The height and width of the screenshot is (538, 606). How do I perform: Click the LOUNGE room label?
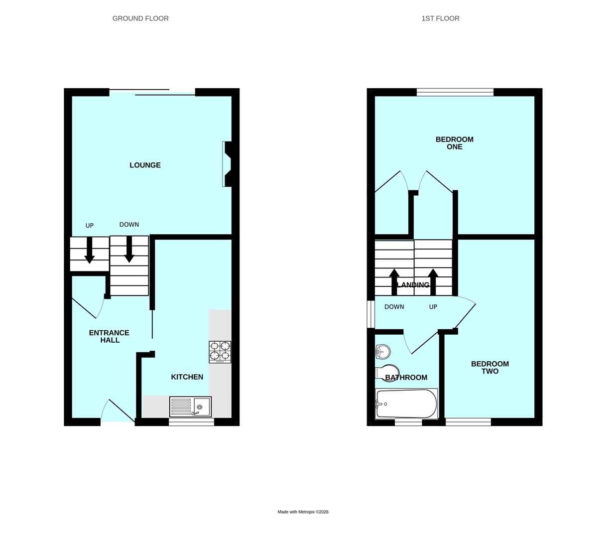[x=145, y=165]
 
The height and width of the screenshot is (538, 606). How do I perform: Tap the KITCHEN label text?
[x=187, y=377]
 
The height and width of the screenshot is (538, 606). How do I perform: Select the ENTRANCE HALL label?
[x=109, y=336]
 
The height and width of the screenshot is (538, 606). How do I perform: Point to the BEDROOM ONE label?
[x=454, y=143]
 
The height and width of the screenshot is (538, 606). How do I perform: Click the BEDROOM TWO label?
[x=489, y=368]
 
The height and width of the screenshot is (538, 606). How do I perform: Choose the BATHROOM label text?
[x=406, y=378]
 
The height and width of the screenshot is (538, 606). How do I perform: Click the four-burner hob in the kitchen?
[x=220, y=351]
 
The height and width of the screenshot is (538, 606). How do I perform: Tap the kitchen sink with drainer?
[x=190, y=406]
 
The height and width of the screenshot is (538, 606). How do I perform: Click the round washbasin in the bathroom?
[x=382, y=352]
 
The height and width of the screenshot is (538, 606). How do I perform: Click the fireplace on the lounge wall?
[x=227, y=164]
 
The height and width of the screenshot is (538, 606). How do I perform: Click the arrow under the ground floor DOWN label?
[x=129, y=250]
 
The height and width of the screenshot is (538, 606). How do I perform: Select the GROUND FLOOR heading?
[x=140, y=18]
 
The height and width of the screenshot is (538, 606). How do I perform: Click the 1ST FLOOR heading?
[x=440, y=18]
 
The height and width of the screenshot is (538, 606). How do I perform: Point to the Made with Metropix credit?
[x=303, y=512]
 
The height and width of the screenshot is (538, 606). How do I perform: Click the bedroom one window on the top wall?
[x=455, y=92]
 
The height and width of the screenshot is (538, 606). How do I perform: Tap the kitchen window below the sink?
[x=191, y=422]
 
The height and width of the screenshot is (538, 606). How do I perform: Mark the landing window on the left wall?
[x=370, y=314]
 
